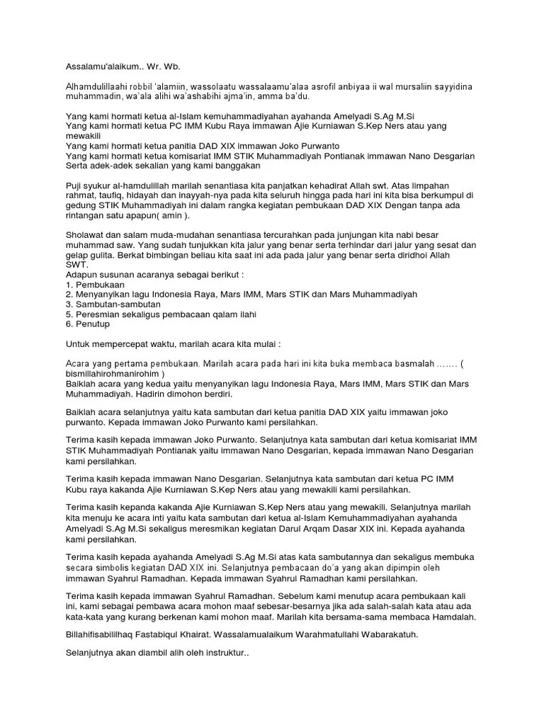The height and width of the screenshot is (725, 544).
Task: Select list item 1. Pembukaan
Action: click(x=91, y=284)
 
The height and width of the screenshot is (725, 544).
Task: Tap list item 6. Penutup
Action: click(x=88, y=324)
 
